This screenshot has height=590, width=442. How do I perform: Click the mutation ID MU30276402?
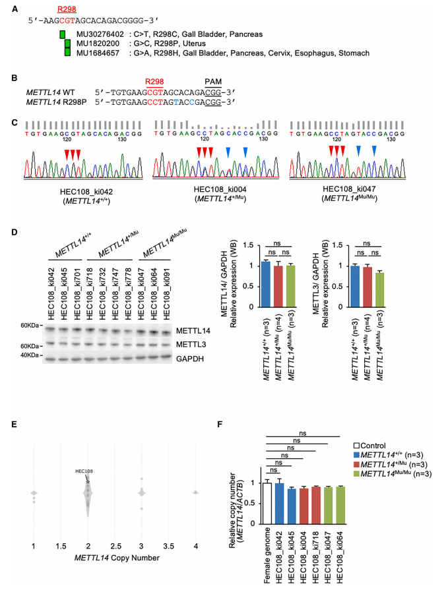[94, 34]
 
